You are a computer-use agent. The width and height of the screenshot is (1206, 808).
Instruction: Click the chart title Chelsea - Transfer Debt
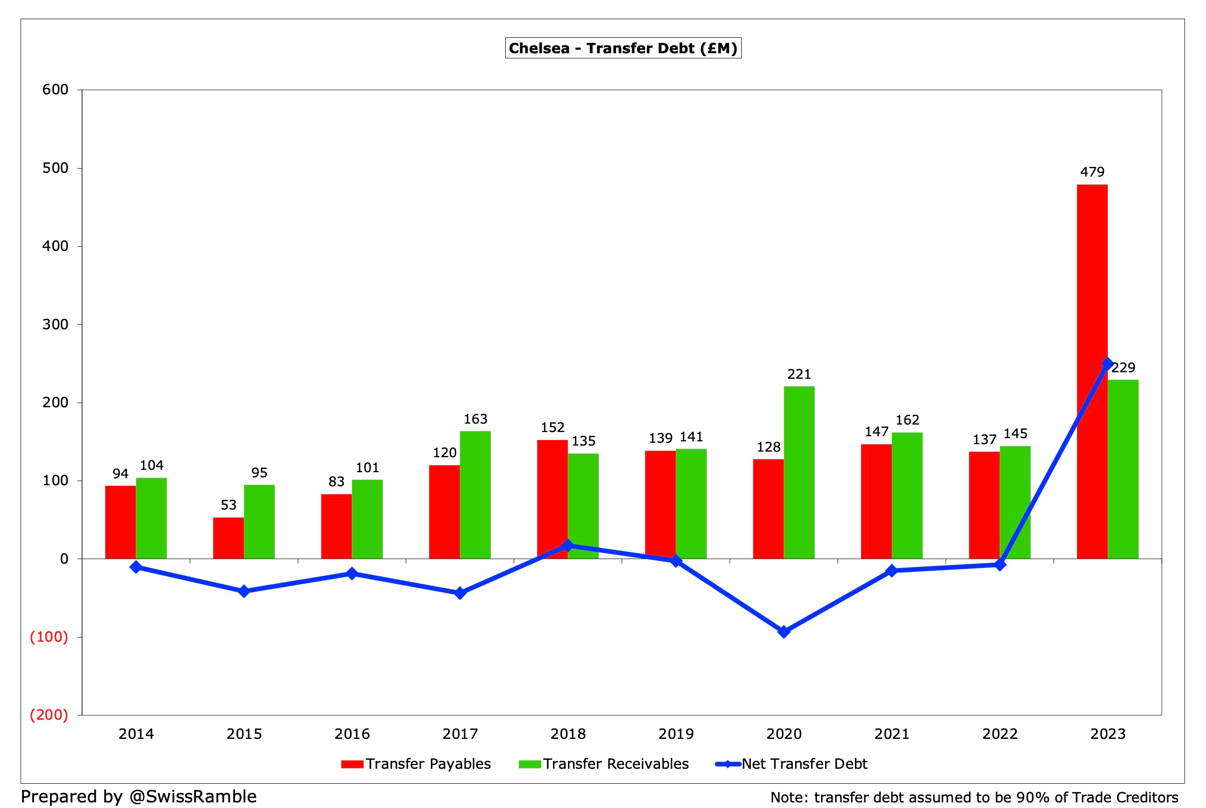[623, 49]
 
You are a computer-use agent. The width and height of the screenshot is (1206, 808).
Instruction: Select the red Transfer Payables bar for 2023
[1091, 371]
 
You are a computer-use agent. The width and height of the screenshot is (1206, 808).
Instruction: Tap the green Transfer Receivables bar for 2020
[799, 472]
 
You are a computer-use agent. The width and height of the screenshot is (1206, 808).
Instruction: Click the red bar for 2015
[229, 538]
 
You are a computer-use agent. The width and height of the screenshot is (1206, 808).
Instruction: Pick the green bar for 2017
[475, 495]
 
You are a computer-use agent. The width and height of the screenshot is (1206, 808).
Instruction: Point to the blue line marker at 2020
[784, 632]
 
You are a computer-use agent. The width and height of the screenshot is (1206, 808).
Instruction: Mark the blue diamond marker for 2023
[1107, 364]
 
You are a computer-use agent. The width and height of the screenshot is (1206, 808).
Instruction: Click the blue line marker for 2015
[244, 591]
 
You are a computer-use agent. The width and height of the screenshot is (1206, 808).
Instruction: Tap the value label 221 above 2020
[799, 374]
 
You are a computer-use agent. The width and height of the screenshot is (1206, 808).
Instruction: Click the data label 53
[229, 505]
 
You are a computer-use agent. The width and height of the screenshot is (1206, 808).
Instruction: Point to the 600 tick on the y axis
[55, 90]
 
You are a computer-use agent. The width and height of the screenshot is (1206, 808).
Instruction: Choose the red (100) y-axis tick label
[49, 637]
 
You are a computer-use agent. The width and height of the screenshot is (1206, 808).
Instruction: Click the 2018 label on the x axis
[567, 734]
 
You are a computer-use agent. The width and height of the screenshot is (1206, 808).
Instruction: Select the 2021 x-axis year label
[891, 734]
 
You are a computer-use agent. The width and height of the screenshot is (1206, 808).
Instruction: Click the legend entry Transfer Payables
[428, 764]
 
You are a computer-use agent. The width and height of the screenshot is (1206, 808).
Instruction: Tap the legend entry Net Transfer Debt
[804, 764]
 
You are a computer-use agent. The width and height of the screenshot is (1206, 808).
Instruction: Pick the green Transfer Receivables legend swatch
[530, 764]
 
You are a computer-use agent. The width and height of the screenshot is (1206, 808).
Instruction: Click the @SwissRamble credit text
[193, 796]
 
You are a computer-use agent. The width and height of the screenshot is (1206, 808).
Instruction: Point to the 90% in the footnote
[1033, 797]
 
